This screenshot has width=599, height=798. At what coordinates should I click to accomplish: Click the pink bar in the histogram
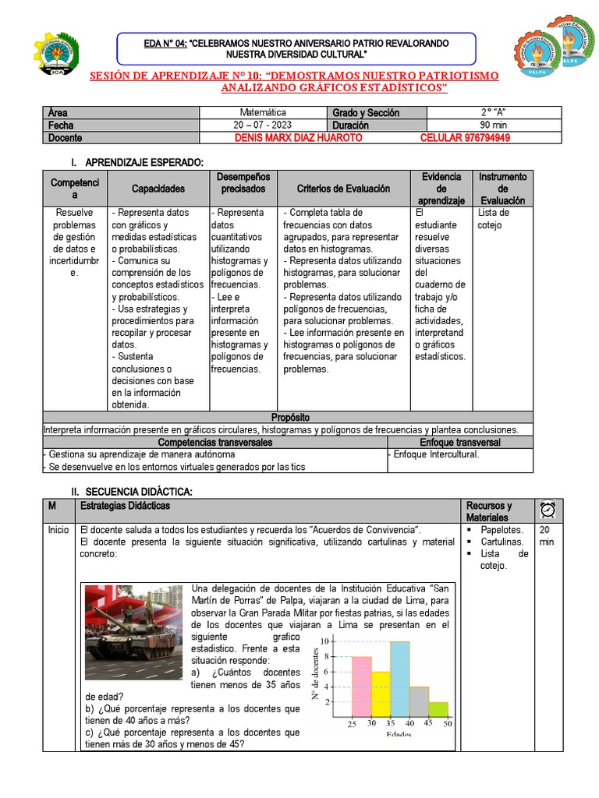(x=361, y=686)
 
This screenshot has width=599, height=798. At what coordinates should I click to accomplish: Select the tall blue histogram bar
(x=399, y=678)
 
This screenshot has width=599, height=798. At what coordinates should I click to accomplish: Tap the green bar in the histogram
(x=438, y=709)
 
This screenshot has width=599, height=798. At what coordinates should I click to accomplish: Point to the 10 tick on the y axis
(x=324, y=641)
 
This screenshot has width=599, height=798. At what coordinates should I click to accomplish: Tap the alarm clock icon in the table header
(x=547, y=510)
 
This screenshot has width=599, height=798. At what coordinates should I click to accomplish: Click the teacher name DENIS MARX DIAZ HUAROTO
(x=298, y=138)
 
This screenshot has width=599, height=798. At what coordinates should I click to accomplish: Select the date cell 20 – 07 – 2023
(x=263, y=125)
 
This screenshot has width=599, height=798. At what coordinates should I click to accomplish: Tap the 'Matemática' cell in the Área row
(x=263, y=113)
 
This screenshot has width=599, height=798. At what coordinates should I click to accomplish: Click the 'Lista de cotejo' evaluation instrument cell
(x=493, y=219)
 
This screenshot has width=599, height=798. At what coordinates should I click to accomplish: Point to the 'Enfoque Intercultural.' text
(x=436, y=454)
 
